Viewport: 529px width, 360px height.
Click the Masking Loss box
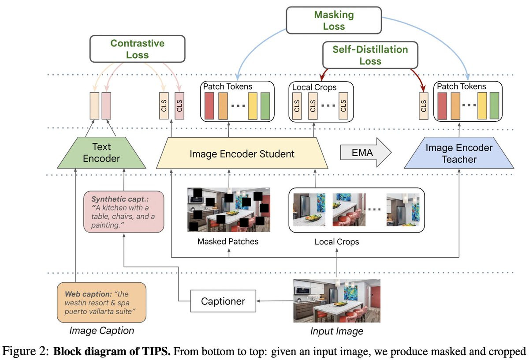coord(334,20)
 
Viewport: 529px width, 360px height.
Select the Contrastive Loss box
coord(138,49)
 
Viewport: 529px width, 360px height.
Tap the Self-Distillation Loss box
coord(370,55)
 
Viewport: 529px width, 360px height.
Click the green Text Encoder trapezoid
coord(101,153)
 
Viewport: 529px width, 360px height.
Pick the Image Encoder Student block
coord(242,153)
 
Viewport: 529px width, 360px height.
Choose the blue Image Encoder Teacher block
coord(459,153)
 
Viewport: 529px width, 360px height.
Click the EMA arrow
coord(366,153)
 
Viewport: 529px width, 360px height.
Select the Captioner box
coord(223,301)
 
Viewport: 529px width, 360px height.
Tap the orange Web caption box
coord(101,303)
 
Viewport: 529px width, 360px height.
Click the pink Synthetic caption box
coord(124,212)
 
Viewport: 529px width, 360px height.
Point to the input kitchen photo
coord(337,301)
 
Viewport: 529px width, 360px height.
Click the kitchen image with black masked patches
coord(229,210)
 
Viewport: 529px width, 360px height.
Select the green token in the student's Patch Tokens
coord(265,106)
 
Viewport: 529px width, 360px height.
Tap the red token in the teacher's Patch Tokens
coord(442,105)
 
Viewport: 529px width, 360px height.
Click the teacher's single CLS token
coord(424,105)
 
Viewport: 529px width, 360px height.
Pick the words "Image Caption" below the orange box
coord(102,330)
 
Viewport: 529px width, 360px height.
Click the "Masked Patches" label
coord(228,241)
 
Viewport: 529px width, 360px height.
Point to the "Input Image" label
coord(337,331)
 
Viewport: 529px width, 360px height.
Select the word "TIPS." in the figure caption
coord(156,351)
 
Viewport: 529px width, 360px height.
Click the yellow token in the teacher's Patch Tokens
coord(482,105)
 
